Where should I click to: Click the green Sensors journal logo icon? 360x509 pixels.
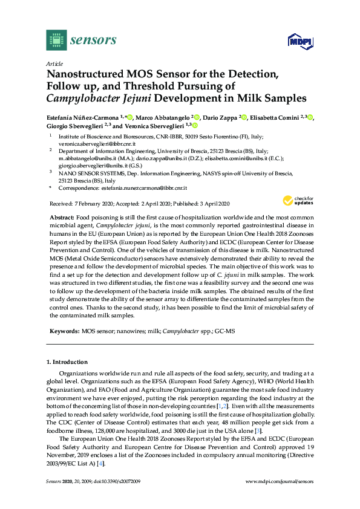[x=56, y=40]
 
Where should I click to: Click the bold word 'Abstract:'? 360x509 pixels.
[x=61, y=216]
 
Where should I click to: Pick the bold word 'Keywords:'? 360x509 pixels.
[x=63, y=332]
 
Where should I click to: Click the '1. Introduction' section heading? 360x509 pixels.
[x=69, y=361]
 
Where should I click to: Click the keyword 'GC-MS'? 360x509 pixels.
[x=224, y=332]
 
